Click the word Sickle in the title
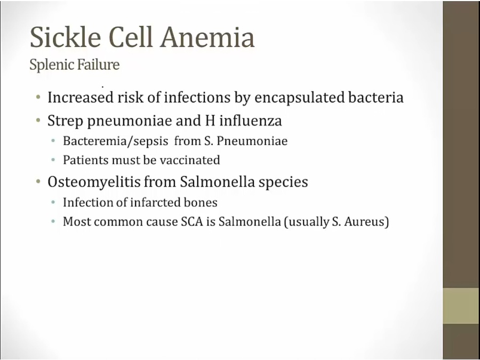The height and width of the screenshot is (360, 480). [66, 37]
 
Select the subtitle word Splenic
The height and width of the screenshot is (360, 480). [51, 65]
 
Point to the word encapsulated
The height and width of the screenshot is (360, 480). [300, 98]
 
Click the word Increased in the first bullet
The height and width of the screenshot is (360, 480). [81, 98]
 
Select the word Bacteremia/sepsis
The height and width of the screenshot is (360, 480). [115, 141]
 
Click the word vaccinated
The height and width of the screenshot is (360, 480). [190, 160]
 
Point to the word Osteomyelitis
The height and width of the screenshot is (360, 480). [94, 182]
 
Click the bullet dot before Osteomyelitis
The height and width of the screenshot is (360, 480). [38, 181]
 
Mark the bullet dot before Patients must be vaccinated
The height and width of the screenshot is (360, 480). [53, 160]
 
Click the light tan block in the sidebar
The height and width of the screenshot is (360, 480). [461, 306]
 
